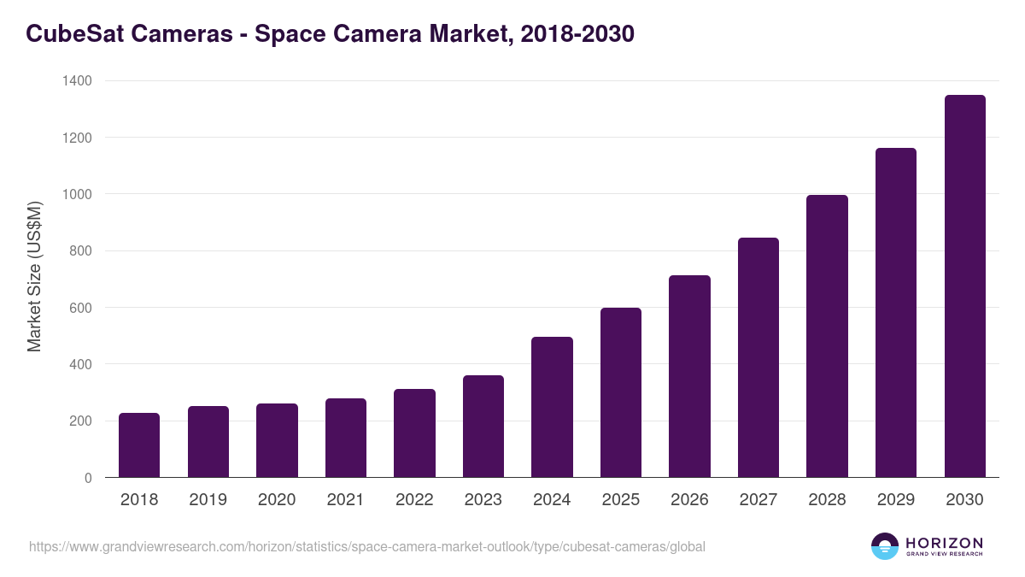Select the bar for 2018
point(139,445)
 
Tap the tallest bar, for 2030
point(964,286)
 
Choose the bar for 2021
point(346,438)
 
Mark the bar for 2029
point(896,313)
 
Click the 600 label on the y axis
point(81,308)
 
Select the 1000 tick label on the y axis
point(77,194)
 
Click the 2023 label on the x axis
point(483,500)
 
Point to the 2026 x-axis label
point(689,500)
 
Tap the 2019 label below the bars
point(208,500)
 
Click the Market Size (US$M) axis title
point(34,277)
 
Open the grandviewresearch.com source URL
point(367,546)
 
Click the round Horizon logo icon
point(885,546)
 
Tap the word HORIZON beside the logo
point(944,542)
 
